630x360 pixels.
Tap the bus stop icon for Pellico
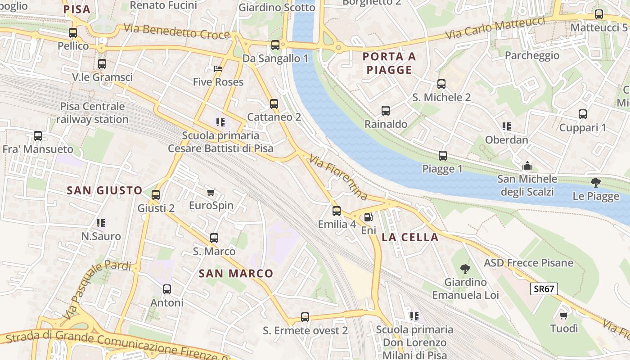(73, 33)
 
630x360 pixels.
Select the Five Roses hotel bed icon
(218, 69)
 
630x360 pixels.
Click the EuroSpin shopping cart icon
(211, 193)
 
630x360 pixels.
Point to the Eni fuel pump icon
(368, 217)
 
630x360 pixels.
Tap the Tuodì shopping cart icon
(563, 315)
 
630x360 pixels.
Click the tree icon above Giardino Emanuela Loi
(465, 269)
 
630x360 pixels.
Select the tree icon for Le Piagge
(595, 183)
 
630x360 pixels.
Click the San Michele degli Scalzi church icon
(527, 166)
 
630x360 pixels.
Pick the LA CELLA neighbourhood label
(410, 238)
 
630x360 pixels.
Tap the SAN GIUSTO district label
(104, 190)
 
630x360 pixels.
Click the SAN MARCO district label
(236, 273)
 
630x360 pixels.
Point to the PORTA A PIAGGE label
(389, 63)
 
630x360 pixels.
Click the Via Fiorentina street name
(338, 177)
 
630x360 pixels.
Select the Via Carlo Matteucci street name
(495, 28)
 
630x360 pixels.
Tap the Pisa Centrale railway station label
(92, 113)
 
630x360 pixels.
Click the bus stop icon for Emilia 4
(337, 211)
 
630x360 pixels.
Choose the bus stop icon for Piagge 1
(443, 156)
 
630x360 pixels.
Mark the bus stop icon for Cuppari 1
(583, 114)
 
